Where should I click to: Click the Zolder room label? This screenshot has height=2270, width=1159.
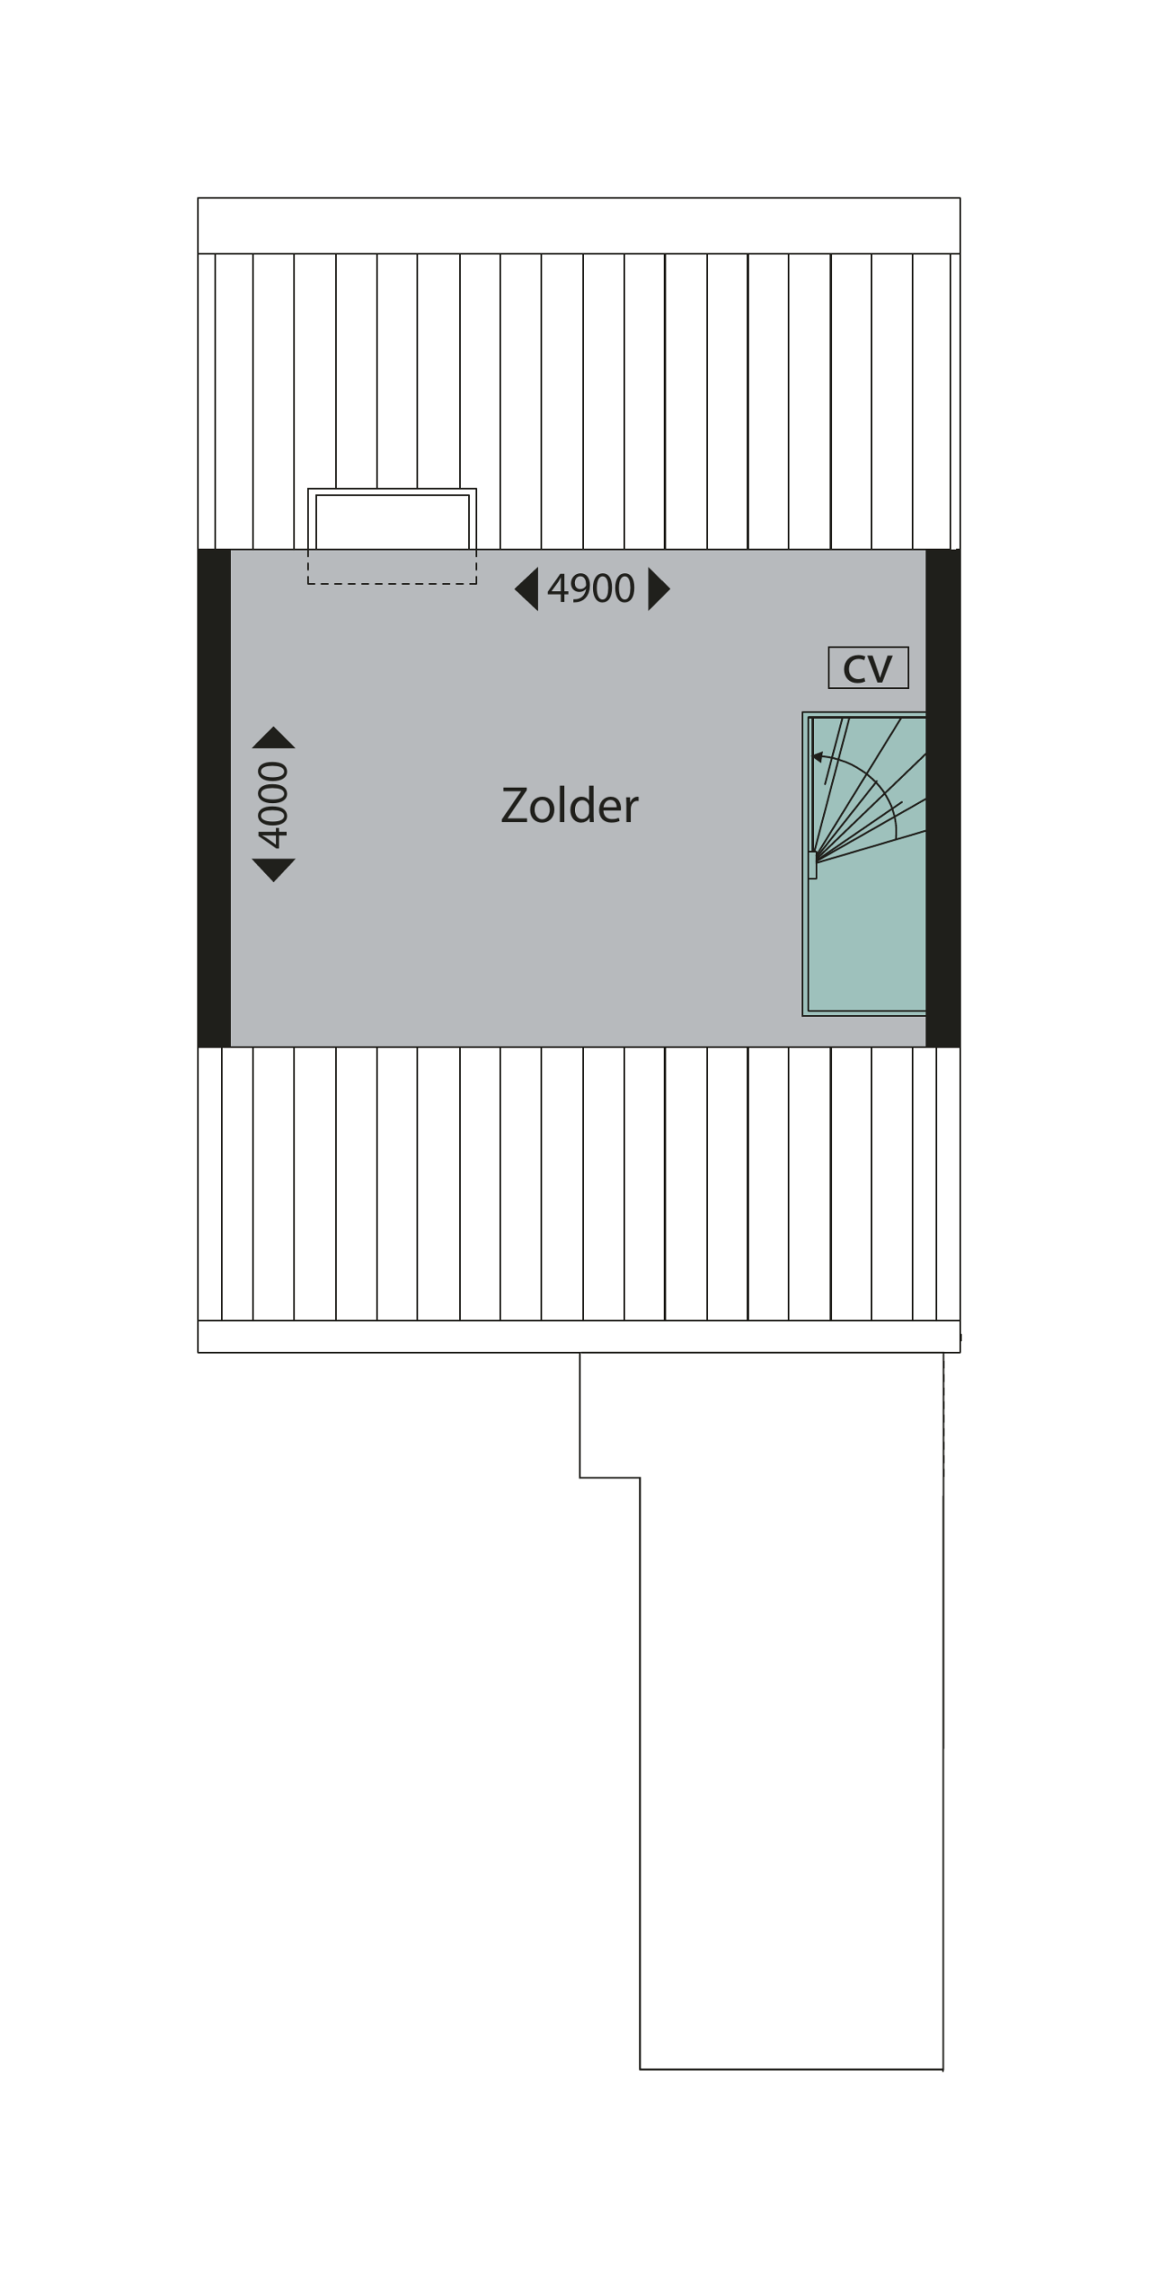coord(570,805)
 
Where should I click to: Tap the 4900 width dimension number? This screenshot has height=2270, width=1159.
coord(591,589)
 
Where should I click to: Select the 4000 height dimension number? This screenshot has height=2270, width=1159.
coord(273,804)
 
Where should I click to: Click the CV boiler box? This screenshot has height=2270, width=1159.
coord(868,668)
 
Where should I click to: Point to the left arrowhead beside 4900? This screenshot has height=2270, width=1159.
coord(527,589)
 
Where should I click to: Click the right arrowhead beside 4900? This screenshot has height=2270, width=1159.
coord(659,589)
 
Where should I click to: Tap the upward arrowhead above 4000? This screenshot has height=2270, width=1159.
coord(273,737)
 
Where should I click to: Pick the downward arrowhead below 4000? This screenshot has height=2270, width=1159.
coord(273,870)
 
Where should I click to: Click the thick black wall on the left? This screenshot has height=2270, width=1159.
coord(215,798)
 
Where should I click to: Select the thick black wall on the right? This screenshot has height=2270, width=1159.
coord(943,798)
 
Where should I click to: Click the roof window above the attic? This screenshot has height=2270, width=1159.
coord(392,519)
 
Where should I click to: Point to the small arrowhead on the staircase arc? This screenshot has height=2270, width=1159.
coord(818,757)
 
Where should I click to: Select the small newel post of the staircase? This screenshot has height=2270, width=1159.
coord(812,865)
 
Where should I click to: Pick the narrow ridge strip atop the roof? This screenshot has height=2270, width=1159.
coord(579,225)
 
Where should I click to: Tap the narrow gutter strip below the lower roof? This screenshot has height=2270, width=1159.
coord(579,1336)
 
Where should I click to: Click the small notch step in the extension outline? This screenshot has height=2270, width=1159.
coord(609,1478)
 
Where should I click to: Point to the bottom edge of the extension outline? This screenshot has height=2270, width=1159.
coord(791,2069)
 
